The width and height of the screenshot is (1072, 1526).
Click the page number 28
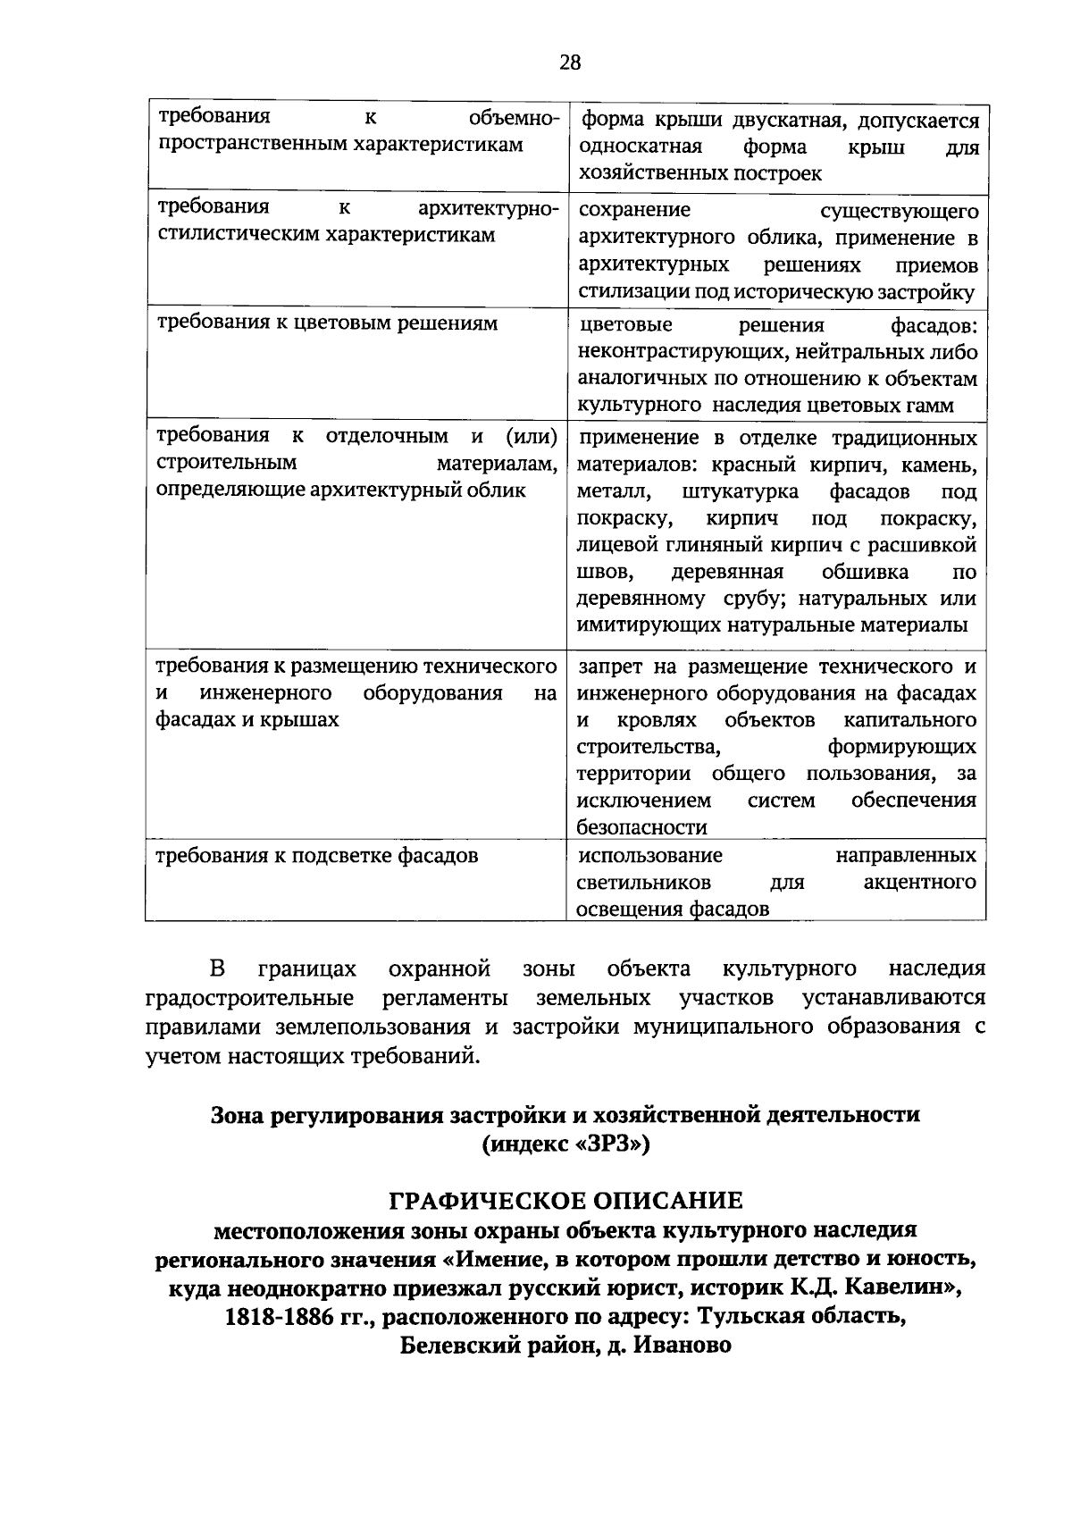coord(570,62)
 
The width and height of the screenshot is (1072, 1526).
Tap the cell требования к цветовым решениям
coord(327,323)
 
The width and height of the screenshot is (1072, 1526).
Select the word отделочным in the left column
coord(387,436)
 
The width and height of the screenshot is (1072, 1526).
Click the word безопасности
coord(641,826)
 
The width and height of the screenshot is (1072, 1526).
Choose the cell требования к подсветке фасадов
coord(317,856)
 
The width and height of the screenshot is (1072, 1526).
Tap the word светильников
coord(644,883)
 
